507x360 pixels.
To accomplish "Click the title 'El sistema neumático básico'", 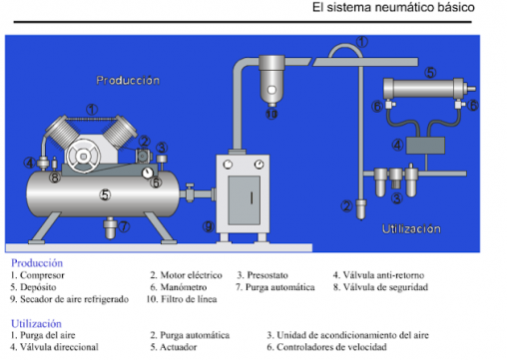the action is point(393,7).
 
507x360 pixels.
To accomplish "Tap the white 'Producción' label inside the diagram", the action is point(128,81).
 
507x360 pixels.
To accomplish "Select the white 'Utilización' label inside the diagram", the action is point(411,229).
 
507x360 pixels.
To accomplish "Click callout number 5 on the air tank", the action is point(105,194).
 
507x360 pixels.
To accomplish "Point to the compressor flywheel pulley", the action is point(83,156).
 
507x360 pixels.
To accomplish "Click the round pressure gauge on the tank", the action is point(147,173).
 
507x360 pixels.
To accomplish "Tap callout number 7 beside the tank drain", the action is point(124,226).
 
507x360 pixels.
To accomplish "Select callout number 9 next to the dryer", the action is point(209,226).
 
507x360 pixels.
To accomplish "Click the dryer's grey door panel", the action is point(245,200).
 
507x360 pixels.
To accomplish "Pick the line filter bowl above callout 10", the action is point(271,83).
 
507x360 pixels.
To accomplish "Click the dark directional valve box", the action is point(425,146).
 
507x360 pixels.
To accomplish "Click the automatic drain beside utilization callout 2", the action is point(361,209).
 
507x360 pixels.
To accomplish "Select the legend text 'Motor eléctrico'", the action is point(191,275).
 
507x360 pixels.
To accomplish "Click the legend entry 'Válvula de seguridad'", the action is point(385,287).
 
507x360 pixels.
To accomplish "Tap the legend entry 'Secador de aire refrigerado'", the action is point(75,299).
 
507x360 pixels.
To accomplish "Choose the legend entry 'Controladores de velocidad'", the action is point(331,347).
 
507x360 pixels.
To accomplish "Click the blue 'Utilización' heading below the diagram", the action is point(36,323).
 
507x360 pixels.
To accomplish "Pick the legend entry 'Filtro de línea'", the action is point(189,299).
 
